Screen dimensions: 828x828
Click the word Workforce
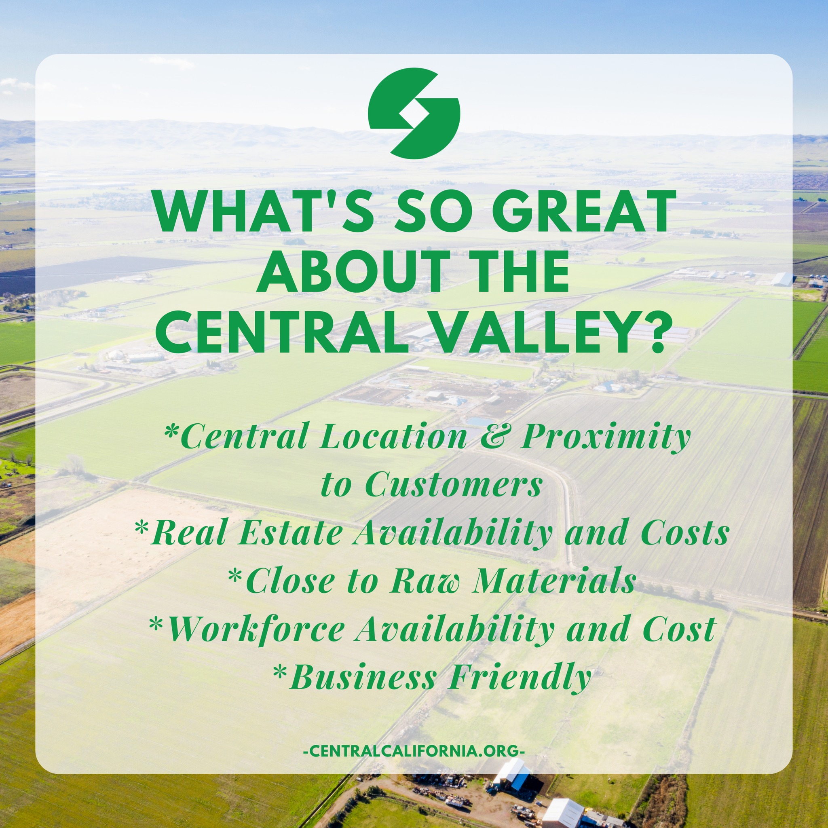(x=256, y=629)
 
